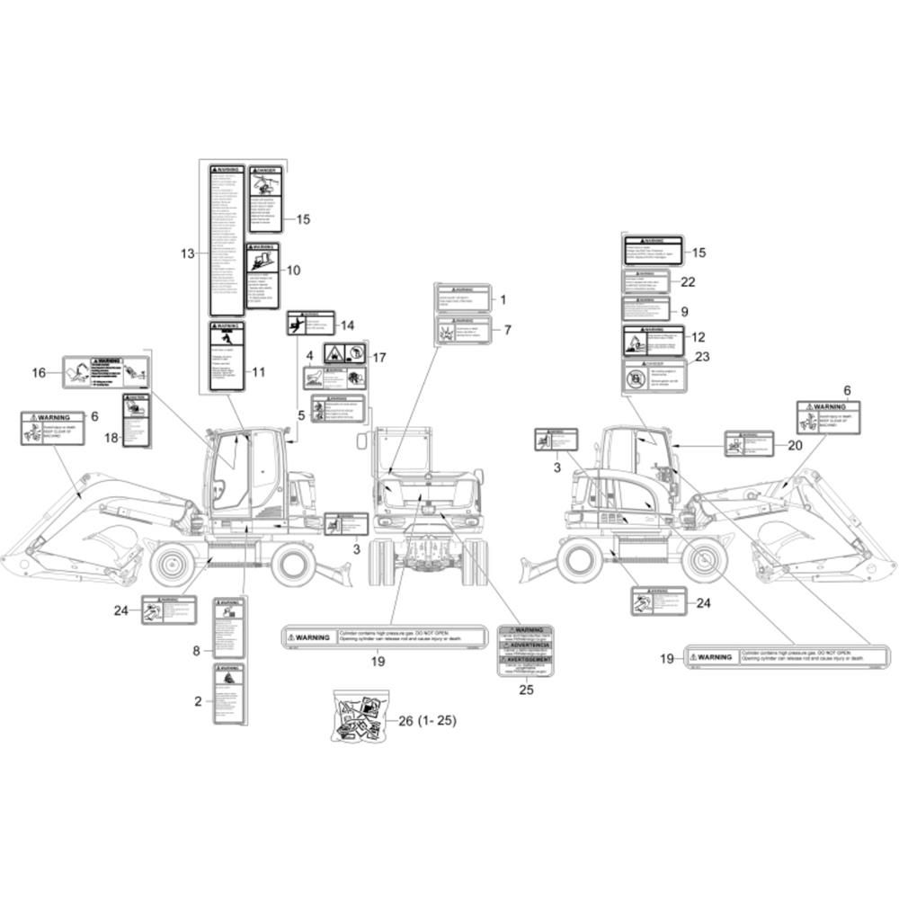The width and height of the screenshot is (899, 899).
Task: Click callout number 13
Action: point(187,254)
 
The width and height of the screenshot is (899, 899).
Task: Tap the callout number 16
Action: point(39,372)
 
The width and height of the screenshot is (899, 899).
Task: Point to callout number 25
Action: point(526,691)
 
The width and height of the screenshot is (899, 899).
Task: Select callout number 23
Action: point(702,356)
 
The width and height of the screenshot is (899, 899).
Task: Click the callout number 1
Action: point(503,300)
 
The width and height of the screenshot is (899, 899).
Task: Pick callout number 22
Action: point(689,281)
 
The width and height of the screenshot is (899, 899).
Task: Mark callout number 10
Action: point(293,270)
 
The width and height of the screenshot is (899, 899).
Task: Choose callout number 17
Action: point(378,357)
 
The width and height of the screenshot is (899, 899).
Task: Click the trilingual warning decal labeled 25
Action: point(526,650)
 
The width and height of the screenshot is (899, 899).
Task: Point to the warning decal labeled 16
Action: point(105,372)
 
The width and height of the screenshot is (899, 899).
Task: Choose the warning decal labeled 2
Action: point(227,694)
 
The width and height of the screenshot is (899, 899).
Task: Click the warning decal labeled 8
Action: point(227,626)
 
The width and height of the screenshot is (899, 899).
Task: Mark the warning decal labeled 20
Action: point(749,443)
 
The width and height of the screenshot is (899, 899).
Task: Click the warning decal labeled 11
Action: point(227,355)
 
